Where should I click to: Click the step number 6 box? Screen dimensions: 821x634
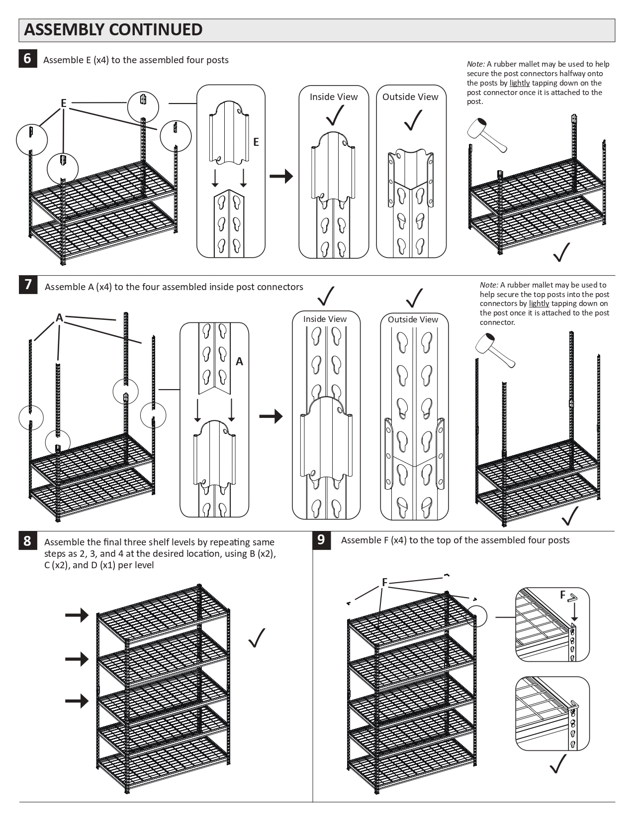tap(27, 59)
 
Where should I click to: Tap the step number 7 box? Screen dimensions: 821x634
tap(28, 285)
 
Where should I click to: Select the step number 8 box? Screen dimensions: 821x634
tap(27, 540)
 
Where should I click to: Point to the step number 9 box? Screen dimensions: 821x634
tap(321, 539)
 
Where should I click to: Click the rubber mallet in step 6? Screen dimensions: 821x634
tap(487, 134)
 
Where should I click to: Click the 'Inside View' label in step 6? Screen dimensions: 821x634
tap(333, 97)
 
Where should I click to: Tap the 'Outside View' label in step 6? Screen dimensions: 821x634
tap(410, 97)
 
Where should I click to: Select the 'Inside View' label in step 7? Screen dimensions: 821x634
tap(325, 319)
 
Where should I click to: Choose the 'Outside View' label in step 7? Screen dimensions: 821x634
tap(413, 319)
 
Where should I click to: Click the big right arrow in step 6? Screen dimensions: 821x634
tap(281, 176)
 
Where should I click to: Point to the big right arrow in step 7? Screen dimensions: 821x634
tap(271, 416)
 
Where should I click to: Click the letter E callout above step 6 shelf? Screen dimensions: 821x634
tap(64, 103)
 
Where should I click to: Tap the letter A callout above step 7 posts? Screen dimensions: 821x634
tap(59, 317)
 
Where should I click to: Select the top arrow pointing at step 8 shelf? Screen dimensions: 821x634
tap(77, 616)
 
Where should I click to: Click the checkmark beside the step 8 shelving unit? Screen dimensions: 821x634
tap(257, 637)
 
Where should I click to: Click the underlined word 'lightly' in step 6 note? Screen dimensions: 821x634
tap(519, 83)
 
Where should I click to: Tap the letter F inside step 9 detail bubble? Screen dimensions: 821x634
tap(563, 595)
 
